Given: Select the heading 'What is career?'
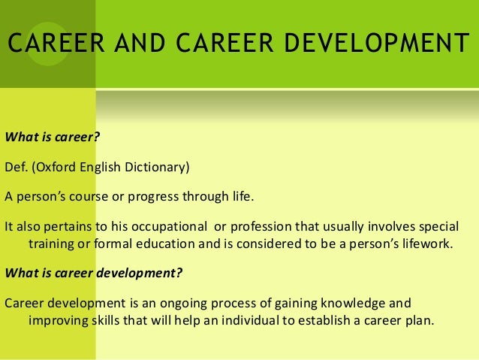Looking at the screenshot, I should [52, 137].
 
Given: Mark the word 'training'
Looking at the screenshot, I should [51, 244].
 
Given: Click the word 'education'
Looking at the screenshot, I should [165, 244].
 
